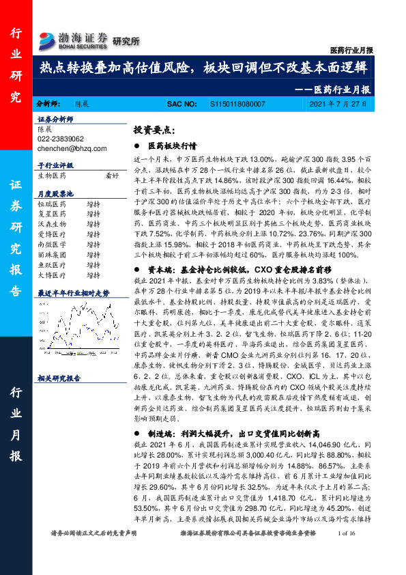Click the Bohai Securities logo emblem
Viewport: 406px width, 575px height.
(x=47, y=39)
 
